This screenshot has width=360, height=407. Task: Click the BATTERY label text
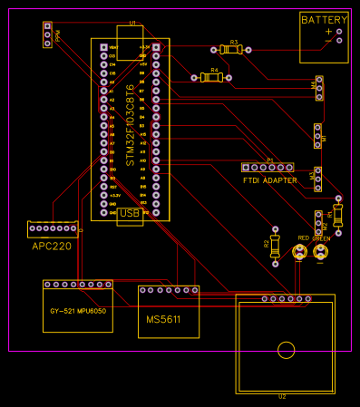click(x=324, y=20)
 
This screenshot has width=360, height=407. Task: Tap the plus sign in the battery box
click(x=328, y=32)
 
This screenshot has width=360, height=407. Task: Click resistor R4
click(x=212, y=78)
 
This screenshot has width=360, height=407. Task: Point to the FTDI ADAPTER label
click(x=270, y=180)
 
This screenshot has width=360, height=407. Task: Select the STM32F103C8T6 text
click(x=130, y=124)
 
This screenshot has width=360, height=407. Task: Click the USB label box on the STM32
click(x=130, y=213)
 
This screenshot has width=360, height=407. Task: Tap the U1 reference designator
click(x=132, y=22)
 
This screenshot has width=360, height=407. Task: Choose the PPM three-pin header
click(x=47, y=35)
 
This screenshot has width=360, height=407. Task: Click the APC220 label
click(x=52, y=245)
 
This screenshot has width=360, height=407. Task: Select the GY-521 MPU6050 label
click(x=77, y=311)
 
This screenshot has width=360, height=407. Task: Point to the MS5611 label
click(x=163, y=320)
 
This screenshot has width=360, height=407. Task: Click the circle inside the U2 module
click(x=287, y=350)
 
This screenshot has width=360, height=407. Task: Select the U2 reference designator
click(x=282, y=396)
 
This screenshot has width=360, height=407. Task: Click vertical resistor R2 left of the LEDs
click(x=275, y=244)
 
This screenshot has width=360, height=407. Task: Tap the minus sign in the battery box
click(x=328, y=41)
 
